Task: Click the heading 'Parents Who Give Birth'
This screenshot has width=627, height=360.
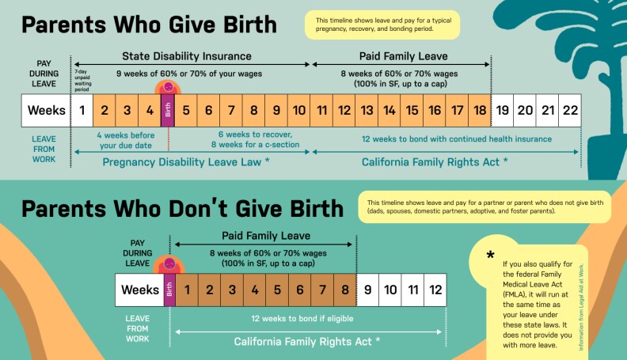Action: (x=149, y=25)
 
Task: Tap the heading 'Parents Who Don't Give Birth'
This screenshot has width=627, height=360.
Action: (x=182, y=208)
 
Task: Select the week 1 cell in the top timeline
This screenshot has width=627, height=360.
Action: (x=82, y=110)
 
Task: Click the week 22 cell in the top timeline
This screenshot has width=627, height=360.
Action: (x=570, y=110)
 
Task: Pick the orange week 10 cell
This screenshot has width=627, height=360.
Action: (x=299, y=110)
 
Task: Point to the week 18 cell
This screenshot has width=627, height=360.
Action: (x=480, y=110)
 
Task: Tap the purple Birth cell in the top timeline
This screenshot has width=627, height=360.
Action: (x=168, y=110)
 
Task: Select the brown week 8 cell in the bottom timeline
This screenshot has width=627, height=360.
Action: (x=345, y=290)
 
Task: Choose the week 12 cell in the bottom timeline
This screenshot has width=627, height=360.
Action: (x=435, y=290)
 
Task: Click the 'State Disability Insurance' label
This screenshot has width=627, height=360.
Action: (x=186, y=56)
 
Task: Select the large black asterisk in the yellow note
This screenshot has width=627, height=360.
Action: (x=491, y=255)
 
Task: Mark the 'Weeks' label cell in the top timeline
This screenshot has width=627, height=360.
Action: (x=47, y=110)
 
